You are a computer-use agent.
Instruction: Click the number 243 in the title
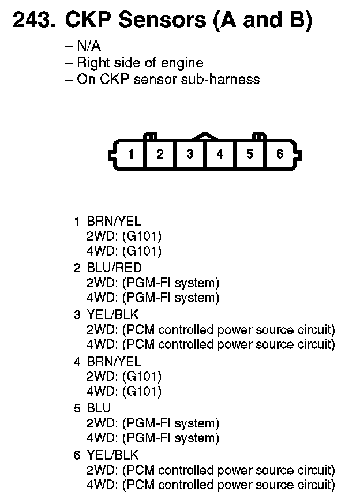(32, 21)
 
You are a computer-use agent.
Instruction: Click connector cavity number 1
(132, 154)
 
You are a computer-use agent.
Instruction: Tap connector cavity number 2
(160, 154)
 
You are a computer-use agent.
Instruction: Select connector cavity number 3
(190, 154)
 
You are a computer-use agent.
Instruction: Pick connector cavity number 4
(220, 154)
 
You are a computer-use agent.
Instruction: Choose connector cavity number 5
(250, 154)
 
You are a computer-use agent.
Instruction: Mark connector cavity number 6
(280, 154)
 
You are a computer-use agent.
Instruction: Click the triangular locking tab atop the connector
(205, 137)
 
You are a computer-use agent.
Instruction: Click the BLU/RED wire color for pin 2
(114, 268)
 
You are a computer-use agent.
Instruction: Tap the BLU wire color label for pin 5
(99, 408)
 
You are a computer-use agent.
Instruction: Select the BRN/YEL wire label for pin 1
(114, 221)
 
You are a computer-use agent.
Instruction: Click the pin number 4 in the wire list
(77, 362)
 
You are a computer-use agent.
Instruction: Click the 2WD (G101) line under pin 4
(123, 377)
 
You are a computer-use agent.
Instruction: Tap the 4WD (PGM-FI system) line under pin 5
(152, 438)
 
